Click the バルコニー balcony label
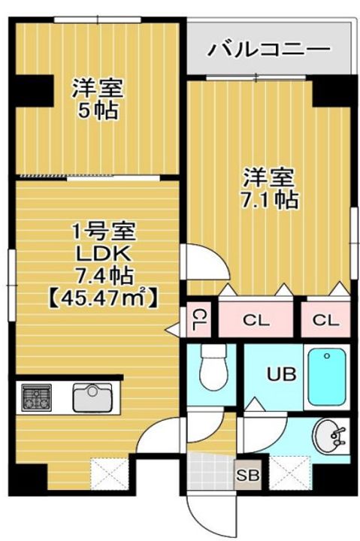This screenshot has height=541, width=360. point(268,51)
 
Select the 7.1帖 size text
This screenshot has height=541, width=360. point(269,201)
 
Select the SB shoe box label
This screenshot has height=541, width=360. point(245,473)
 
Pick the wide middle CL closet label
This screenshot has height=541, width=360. point(256,321)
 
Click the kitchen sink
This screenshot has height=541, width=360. point(94,397)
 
